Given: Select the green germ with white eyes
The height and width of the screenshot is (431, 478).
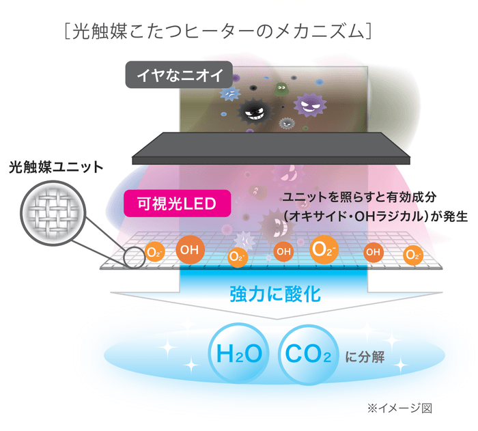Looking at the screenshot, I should [280, 89].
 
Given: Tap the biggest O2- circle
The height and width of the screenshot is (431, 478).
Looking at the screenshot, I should [324, 251].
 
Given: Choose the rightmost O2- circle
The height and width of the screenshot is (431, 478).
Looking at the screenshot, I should [412, 255].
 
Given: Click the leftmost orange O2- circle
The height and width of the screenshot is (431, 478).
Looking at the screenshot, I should [155, 253].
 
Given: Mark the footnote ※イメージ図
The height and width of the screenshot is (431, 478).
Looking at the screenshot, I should [399, 408].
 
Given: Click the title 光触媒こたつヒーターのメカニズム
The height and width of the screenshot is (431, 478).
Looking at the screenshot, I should [216, 32].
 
